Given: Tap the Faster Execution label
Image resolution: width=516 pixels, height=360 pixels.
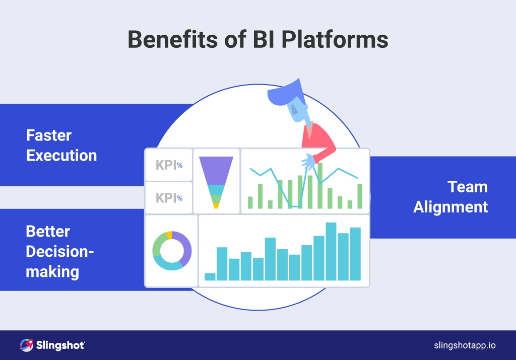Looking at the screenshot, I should coord(61,145).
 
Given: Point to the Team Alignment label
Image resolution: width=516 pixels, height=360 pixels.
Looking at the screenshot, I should coord(450,196).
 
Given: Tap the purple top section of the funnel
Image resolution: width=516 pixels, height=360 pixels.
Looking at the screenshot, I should coord(216,170).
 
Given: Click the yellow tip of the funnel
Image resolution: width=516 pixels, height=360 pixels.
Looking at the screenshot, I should coord(216,205).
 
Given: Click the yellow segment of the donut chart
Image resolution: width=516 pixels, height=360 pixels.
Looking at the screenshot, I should coord(169,235).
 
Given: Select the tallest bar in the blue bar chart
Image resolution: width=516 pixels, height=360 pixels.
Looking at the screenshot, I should coord(331,251).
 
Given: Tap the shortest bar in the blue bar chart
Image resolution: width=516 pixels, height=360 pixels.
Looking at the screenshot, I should coord(210,276).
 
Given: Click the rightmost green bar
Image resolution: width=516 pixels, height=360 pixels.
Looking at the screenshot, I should coord(360,196).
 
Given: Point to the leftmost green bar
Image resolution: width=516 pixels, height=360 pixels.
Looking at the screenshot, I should coord(250,202).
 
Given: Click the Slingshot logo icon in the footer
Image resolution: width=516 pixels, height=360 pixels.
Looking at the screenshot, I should coord(26,345).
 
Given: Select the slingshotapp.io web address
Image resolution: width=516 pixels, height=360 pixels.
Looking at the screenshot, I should coord(465,345).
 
